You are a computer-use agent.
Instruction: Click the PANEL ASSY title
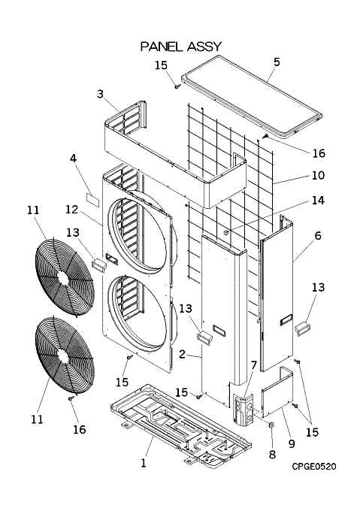[181, 47]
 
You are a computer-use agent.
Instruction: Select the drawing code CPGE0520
[313, 467]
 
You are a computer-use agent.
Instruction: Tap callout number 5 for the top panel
[277, 62]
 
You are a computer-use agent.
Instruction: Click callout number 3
[100, 94]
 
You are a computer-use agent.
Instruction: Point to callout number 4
[74, 159]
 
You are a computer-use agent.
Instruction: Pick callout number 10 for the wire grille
[318, 175]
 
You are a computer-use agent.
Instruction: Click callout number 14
[318, 200]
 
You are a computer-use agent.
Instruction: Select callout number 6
[318, 235]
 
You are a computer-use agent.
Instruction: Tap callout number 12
[71, 209]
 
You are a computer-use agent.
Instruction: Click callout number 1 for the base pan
[143, 463]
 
